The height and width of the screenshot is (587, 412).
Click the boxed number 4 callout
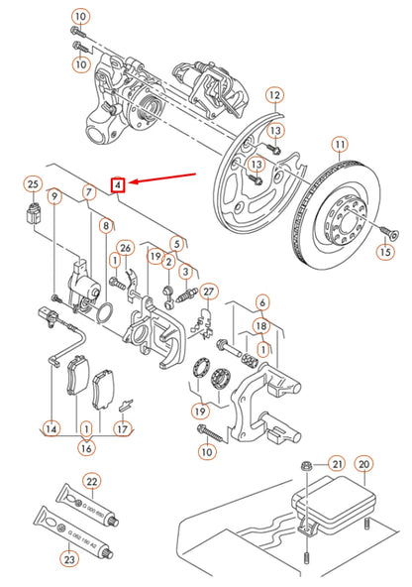click(117, 183)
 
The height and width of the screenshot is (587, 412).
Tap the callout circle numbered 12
click(274, 96)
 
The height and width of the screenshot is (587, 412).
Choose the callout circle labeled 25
click(33, 184)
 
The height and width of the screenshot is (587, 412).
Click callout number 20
click(363, 463)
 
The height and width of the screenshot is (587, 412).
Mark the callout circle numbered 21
click(336, 464)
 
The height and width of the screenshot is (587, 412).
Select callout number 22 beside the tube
click(92, 482)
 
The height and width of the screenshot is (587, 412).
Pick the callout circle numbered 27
click(208, 292)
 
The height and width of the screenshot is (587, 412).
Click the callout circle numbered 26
click(125, 248)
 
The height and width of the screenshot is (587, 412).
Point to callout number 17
click(122, 429)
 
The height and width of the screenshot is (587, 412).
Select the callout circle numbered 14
click(50, 429)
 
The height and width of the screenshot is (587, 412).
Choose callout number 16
click(85, 448)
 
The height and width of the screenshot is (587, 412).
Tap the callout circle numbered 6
click(261, 302)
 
